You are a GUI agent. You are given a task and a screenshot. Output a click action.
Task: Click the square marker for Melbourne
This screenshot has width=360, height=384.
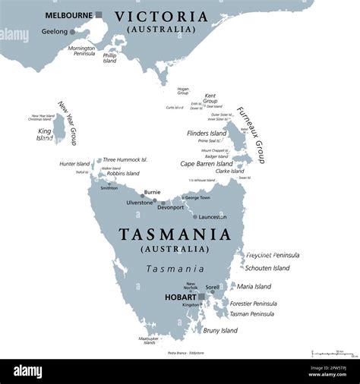[98, 14]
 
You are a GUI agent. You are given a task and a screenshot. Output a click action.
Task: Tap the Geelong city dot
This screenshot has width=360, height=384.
[73, 32]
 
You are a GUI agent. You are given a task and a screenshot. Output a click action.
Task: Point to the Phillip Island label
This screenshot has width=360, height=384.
[109, 58]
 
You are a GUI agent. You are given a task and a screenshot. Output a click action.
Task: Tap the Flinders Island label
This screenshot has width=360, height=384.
[207, 134]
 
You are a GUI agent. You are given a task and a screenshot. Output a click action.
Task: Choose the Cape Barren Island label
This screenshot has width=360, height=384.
[206, 163]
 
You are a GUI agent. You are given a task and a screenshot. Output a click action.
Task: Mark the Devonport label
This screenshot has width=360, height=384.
[170, 207]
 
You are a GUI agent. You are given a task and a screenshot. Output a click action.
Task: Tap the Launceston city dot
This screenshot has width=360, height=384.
[195, 216]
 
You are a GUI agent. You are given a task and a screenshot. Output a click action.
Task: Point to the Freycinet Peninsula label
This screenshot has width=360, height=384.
[272, 255]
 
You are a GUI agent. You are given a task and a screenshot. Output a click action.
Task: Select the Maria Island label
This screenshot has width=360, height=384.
[254, 286]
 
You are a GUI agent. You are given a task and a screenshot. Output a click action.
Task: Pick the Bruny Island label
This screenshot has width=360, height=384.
[219, 330]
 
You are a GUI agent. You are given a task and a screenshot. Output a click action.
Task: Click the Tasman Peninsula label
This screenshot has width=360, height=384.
[251, 313]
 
